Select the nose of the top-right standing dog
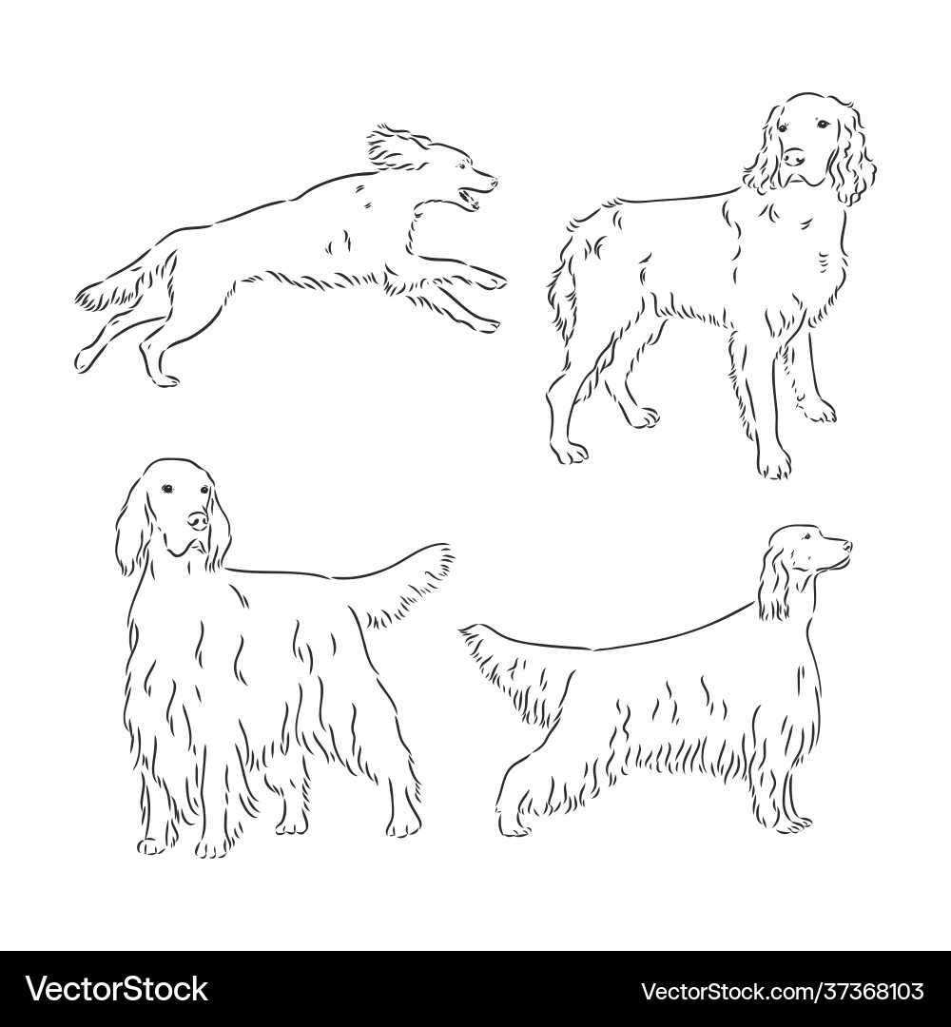794,157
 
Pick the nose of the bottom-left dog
198,520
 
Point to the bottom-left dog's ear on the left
131,523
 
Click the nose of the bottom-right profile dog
847,545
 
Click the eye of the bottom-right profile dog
808,536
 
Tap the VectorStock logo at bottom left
117,988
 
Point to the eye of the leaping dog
462,165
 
